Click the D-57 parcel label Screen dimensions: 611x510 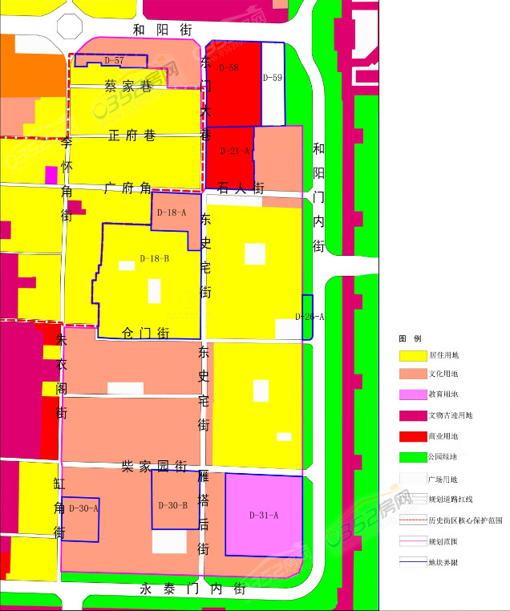[x=114, y=61]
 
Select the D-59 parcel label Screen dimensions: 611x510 [x=273, y=78]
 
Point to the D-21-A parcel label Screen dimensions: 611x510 [x=235, y=151]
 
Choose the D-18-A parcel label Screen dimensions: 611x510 [x=172, y=212]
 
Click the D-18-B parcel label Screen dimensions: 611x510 [x=154, y=258]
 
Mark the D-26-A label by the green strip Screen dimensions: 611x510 [x=310, y=317]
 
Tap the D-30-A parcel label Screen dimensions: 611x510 [x=83, y=508]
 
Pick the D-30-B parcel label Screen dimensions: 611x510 [x=173, y=505]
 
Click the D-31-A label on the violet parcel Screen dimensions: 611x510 [x=264, y=514]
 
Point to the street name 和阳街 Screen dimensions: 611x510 [x=163, y=30]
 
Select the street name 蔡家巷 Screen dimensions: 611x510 [x=128, y=86]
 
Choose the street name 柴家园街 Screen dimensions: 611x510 [x=154, y=465]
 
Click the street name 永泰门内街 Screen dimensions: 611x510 [x=193, y=589]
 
